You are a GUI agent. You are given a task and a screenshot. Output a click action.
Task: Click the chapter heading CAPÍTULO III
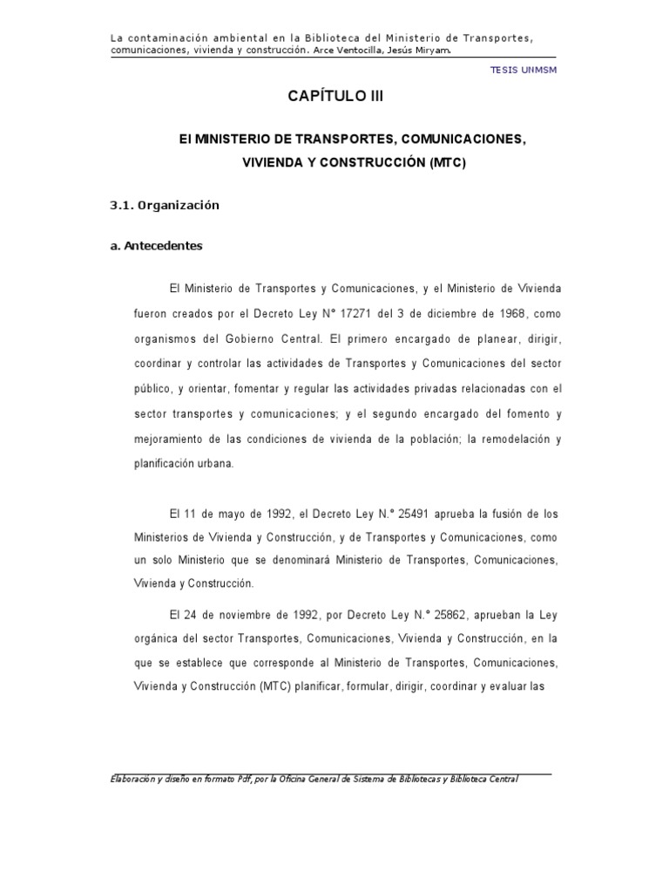[x=334, y=97]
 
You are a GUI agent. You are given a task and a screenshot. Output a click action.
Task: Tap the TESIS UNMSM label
[x=524, y=70]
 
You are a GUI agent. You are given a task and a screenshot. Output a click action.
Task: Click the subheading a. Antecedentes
[x=156, y=246]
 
